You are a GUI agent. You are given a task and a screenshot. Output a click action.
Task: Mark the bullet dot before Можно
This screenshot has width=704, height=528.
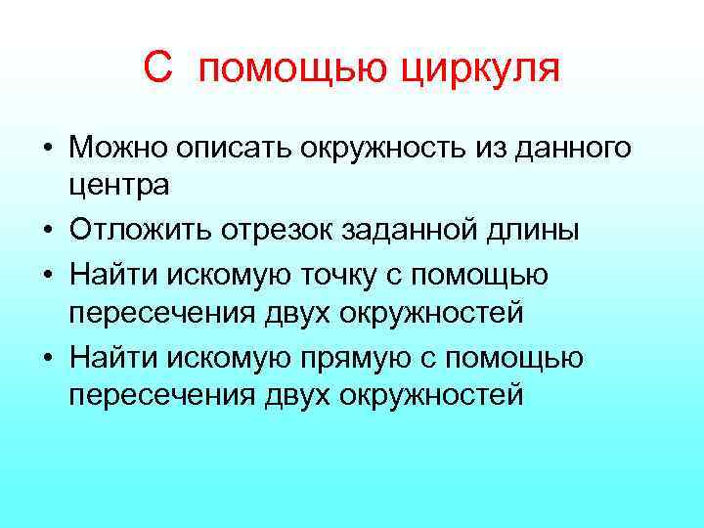(47, 150)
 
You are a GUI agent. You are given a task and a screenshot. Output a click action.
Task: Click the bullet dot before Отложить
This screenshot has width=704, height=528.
(47, 232)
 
